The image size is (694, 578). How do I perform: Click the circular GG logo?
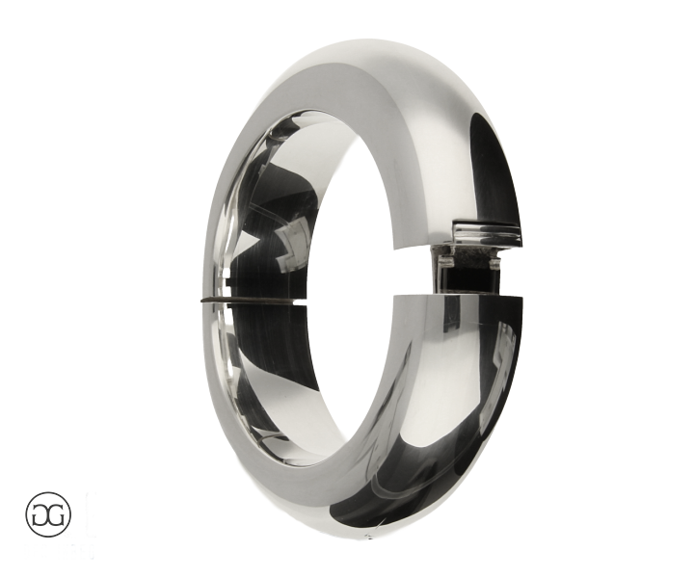48,513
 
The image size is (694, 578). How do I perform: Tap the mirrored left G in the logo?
41,514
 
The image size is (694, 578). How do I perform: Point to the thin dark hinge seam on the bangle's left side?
249,302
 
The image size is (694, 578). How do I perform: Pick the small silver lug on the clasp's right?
494,264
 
